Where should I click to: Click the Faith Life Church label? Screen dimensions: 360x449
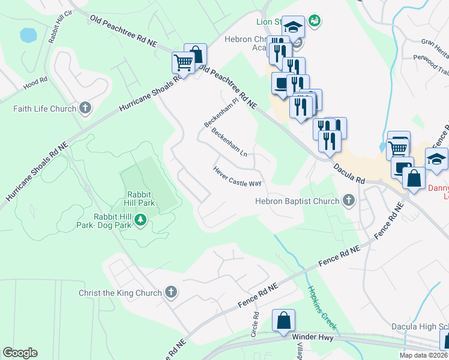(45, 109)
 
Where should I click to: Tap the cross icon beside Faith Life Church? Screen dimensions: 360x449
(85, 109)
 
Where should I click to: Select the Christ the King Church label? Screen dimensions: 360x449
(120, 293)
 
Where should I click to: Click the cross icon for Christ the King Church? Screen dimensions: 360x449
(171, 293)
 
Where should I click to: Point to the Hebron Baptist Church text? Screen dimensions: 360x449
(297, 201)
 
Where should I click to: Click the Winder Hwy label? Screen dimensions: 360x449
(312, 337)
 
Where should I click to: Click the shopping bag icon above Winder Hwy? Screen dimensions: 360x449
(283, 320)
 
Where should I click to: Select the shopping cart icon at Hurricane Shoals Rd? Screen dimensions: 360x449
(183, 62)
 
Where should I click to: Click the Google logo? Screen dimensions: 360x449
(20, 352)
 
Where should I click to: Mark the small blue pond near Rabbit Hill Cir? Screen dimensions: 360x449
(28, 35)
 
